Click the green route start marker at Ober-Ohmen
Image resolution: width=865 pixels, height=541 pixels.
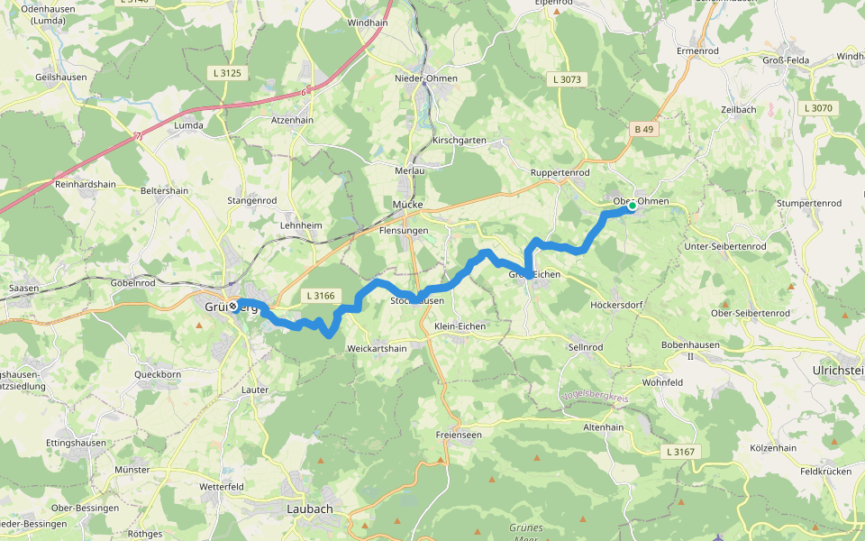pyautogui.click(x=633, y=206)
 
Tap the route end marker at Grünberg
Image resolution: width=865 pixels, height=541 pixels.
pyautogui.click(x=233, y=306)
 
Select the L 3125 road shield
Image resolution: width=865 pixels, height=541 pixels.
pyautogui.click(x=224, y=71)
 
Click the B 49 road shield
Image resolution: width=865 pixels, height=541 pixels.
pyautogui.click(x=643, y=130)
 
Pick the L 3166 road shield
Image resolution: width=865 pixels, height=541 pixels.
pyautogui.click(x=320, y=295)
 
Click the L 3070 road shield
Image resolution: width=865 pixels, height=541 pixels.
pyautogui.click(x=817, y=108)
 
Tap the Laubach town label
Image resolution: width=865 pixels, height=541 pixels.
pyautogui.click(x=309, y=509)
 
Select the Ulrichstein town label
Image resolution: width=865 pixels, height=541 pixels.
pyautogui.click(x=837, y=370)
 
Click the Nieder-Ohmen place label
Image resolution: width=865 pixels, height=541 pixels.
pyautogui.click(x=426, y=78)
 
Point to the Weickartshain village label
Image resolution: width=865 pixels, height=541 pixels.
pyautogui.click(x=377, y=348)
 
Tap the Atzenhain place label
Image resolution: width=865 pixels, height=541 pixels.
pyautogui.click(x=292, y=119)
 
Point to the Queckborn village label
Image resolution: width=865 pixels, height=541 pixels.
pyautogui.click(x=158, y=373)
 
